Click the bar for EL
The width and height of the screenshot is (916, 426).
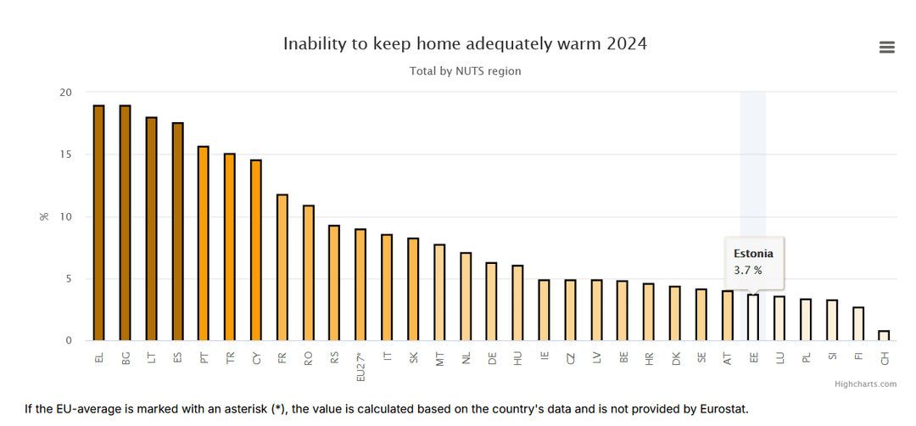click(x=98, y=223)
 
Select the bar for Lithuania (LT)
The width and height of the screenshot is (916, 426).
click(x=151, y=229)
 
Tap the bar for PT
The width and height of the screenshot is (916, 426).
click(x=204, y=244)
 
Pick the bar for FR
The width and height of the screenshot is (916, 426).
click(x=282, y=267)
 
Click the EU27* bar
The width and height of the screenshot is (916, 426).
click(x=360, y=285)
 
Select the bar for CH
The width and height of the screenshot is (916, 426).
click(x=884, y=336)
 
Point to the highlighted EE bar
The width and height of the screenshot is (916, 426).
click(x=753, y=317)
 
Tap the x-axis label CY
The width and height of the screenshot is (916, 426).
click(x=256, y=358)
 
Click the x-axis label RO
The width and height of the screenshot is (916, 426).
click(x=309, y=358)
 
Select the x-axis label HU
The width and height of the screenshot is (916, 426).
click(x=517, y=358)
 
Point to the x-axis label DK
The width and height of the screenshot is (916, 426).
click(x=675, y=358)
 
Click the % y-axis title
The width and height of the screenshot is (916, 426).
click(x=44, y=216)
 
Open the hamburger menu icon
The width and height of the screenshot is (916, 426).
click(x=886, y=48)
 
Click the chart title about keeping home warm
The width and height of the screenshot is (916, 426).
click(x=465, y=43)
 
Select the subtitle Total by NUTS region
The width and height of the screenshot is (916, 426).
click(x=465, y=71)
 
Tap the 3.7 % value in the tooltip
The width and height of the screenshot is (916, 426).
click(x=748, y=271)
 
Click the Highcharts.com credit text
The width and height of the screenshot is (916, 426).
click(x=865, y=384)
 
